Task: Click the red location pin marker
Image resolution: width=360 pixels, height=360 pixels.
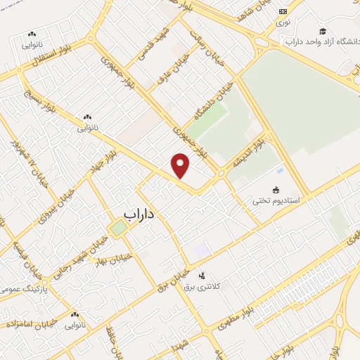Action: point(181,166)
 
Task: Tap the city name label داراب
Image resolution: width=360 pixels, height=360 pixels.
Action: point(139,212)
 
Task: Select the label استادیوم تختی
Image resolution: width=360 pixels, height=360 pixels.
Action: point(276,201)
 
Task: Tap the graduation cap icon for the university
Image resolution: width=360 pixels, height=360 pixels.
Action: point(323,31)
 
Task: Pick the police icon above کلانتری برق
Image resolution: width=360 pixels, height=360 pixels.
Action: point(202,275)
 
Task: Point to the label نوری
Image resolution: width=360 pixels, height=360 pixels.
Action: point(283,23)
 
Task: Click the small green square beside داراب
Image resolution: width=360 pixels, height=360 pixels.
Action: point(118,228)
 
